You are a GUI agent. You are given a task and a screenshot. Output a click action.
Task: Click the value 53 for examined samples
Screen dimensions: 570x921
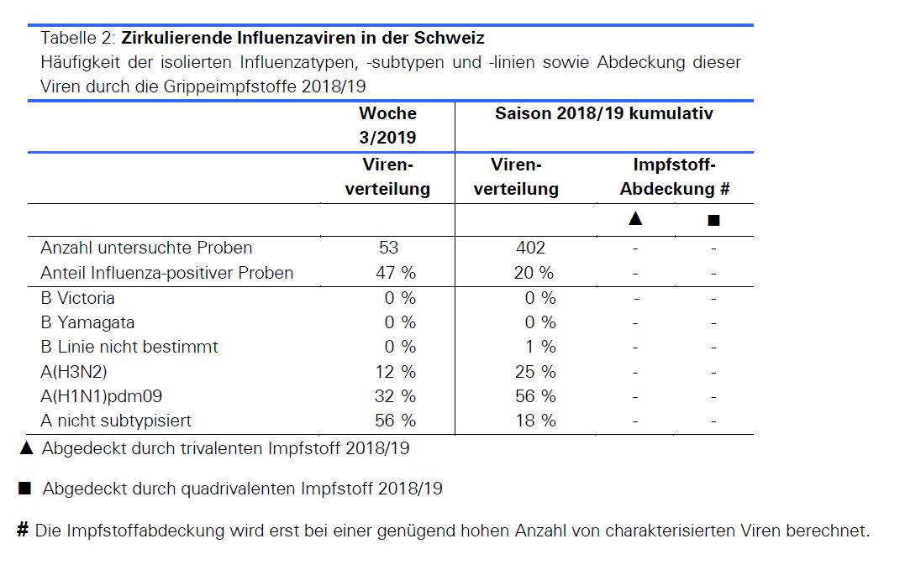click(x=388, y=248)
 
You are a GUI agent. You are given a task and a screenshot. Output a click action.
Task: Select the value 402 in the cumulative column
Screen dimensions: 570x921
click(x=530, y=248)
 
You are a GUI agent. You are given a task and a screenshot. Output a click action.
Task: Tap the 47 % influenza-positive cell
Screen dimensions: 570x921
click(x=395, y=273)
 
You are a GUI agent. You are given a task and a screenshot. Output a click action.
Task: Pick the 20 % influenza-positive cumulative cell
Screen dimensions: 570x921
click(x=534, y=273)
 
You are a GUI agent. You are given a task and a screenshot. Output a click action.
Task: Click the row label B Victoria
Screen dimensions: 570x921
click(x=77, y=298)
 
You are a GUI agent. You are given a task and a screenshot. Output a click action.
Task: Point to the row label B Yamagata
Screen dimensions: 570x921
click(x=87, y=322)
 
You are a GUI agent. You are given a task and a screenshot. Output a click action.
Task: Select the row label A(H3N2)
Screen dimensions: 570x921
click(x=74, y=371)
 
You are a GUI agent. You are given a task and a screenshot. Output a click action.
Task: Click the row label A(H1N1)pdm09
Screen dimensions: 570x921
click(x=101, y=395)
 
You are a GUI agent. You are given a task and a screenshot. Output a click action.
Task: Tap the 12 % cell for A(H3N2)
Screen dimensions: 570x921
click(x=395, y=371)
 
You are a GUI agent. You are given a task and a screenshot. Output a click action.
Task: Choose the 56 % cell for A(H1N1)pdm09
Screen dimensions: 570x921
click(x=535, y=395)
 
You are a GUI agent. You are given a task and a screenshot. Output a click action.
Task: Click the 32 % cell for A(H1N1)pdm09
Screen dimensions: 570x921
click(x=395, y=395)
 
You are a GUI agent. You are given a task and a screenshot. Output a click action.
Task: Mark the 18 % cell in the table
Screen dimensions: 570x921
click(x=535, y=420)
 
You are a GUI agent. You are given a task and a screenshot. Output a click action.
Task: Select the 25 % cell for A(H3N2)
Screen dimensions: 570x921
click(x=535, y=371)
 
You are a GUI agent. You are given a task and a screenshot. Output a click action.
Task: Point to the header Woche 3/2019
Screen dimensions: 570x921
click(x=387, y=125)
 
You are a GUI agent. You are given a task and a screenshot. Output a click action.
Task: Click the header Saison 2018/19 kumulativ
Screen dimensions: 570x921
click(x=603, y=114)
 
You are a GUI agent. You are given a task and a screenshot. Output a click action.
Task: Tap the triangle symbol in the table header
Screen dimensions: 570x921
click(x=635, y=219)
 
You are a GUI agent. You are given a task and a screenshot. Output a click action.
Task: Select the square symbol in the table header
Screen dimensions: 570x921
click(x=713, y=221)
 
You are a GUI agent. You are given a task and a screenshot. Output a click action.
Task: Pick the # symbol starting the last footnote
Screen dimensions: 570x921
click(x=23, y=530)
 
